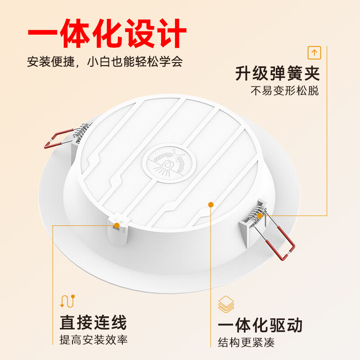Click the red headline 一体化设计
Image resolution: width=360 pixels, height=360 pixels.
coord(107,33)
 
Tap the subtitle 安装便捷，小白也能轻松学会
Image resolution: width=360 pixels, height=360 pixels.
coord(105,62)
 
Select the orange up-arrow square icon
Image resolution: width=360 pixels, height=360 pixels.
coord(314,53)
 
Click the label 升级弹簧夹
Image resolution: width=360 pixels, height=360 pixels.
coord(277,73)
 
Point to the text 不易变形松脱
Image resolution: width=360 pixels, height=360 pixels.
coord(284,91)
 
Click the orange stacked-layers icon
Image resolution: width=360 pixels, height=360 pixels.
coord(226,304)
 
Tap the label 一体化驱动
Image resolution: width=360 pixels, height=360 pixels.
coord(260,325)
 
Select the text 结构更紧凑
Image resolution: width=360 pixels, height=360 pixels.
coord(246,342)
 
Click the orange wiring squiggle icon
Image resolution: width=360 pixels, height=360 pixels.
coord(67,301)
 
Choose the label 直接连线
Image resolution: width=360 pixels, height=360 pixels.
coord(93,323)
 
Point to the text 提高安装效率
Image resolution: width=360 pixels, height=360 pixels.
coord(94,340)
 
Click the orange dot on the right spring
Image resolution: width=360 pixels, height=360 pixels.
coord(260,216)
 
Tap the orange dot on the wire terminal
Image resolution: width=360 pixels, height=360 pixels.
coord(117,225)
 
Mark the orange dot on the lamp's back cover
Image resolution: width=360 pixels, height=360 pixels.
coord(211,205)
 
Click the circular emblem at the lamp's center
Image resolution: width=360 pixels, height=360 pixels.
coord(169,165)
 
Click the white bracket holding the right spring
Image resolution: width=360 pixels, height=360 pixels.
coord(252,220)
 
